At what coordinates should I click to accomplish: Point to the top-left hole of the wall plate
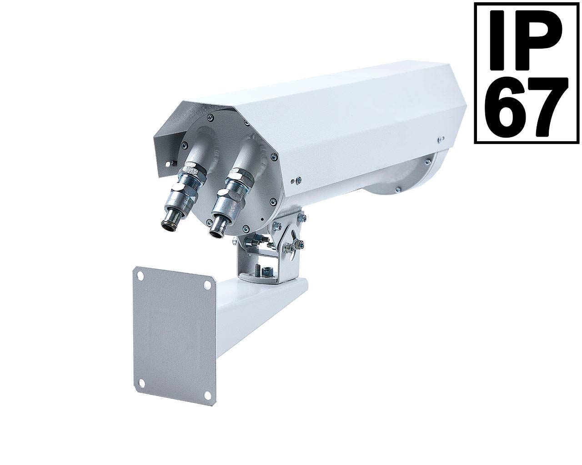140,276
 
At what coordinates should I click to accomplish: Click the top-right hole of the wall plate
207,285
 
